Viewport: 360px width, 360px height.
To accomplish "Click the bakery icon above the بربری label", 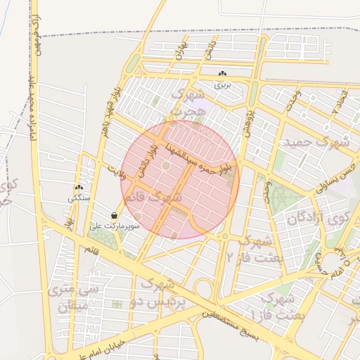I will click(223, 74).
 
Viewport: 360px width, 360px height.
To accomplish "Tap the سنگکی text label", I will click(79, 198).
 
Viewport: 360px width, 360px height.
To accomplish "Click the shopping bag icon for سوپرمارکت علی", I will click(114, 216).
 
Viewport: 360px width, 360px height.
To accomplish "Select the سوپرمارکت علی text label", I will click(115, 226).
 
